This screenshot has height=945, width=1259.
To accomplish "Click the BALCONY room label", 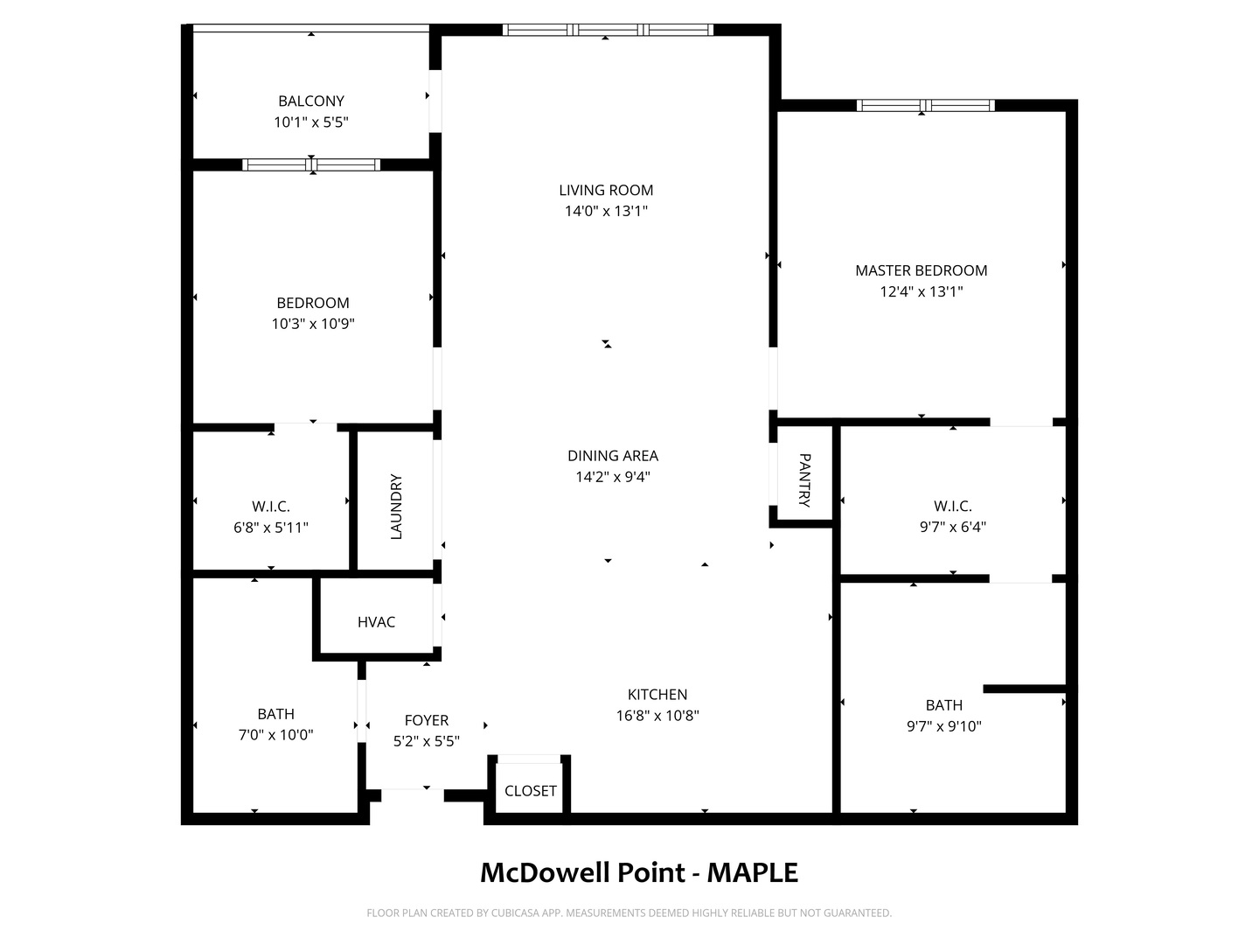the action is (x=311, y=101).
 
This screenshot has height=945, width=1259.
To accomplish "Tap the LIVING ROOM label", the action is (x=606, y=190).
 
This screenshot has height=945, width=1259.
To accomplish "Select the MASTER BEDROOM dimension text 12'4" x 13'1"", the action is (x=922, y=291).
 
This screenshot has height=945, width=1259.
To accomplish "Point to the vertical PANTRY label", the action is (x=804, y=480).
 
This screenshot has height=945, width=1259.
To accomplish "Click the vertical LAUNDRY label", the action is (x=396, y=507).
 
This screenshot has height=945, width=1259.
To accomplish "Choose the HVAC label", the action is (x=376, y=622).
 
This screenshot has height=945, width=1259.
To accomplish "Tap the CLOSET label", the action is (x=531, y=791).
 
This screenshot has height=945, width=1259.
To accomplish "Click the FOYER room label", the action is (x=426, y=720).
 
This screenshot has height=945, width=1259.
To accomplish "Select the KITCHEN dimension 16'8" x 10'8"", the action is (x=657, y=716).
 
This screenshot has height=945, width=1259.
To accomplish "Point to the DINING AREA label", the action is (x=613, y=456).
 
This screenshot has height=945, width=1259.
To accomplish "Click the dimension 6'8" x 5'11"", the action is (x=271, y=528).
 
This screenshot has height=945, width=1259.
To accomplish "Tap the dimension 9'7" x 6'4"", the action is (x=953, y=527).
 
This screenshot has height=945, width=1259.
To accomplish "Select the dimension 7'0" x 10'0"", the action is (x=276, y=735).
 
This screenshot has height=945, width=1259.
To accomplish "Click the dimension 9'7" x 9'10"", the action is (x=944, y=726).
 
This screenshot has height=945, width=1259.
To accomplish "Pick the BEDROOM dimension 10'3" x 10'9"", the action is (x=313, y=324).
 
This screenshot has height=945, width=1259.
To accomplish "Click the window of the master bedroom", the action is (x=926, y=106).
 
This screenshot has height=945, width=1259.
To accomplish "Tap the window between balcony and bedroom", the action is (x=311, y=165).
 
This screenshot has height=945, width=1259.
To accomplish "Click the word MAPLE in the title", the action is (x=752, y=872).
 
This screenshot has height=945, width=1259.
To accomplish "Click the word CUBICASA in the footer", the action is (x=514, y=913).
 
